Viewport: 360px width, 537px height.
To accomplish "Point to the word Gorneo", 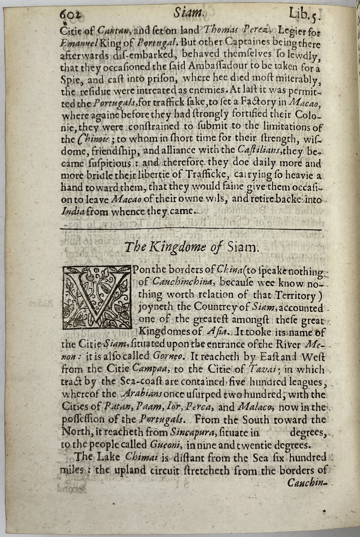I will click(169, 357).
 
